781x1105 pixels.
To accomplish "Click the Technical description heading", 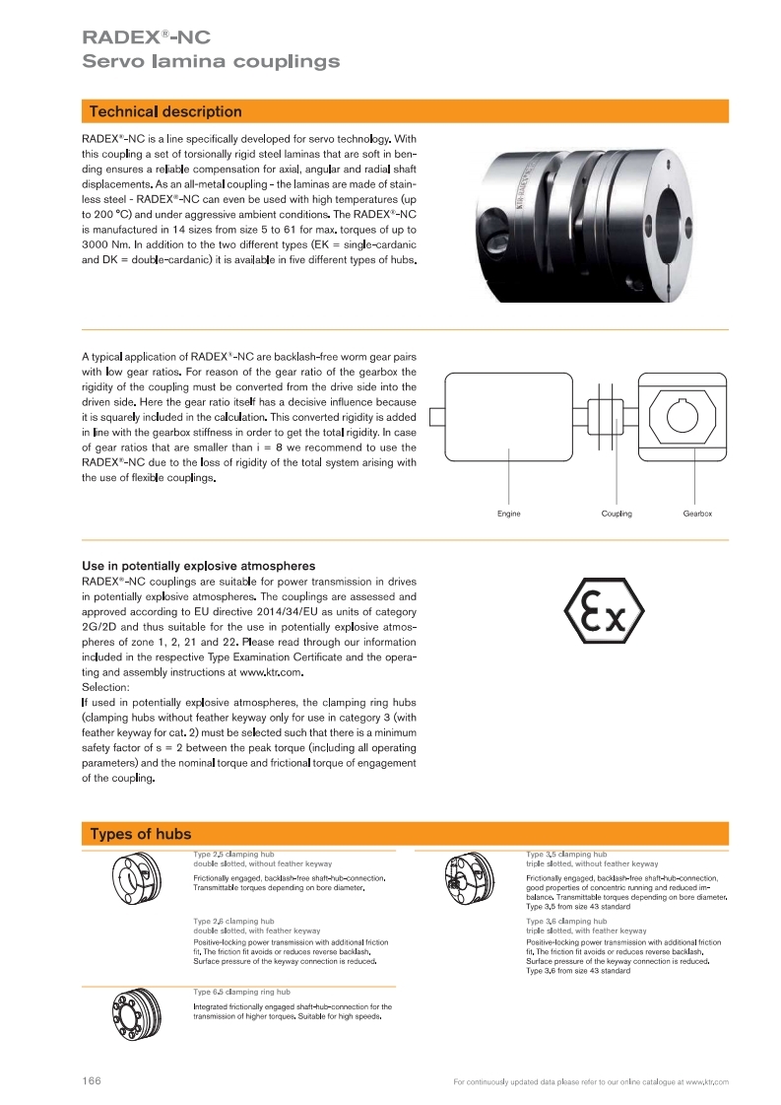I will point(164,111).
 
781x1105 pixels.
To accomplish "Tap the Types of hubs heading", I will point(140,834).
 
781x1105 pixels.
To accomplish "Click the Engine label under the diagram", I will point(508,515).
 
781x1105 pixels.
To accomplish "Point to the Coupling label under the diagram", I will point(617,515).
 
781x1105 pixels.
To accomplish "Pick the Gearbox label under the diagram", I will point(697,515).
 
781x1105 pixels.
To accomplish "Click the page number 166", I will point(92,1081).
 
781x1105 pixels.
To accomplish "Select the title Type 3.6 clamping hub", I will point(566,921).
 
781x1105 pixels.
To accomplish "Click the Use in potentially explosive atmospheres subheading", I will point(198,566).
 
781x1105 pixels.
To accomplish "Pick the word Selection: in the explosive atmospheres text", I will point(105,686).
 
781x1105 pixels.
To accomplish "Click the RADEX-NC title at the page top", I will point(146,38).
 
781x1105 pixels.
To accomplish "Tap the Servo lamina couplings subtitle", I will point(211,62).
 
